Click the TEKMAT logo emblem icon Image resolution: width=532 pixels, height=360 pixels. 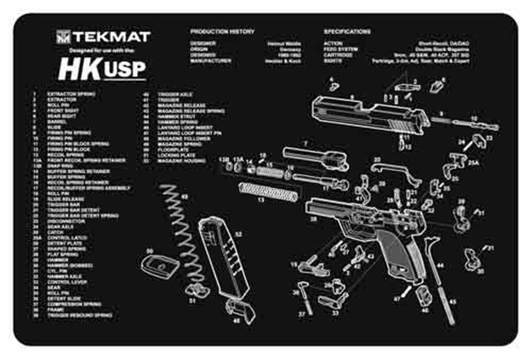(x=65, y=37)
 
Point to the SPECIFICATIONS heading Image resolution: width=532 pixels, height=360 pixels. (x=352, y=31)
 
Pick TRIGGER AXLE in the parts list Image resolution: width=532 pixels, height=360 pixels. (x=171, y=94)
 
